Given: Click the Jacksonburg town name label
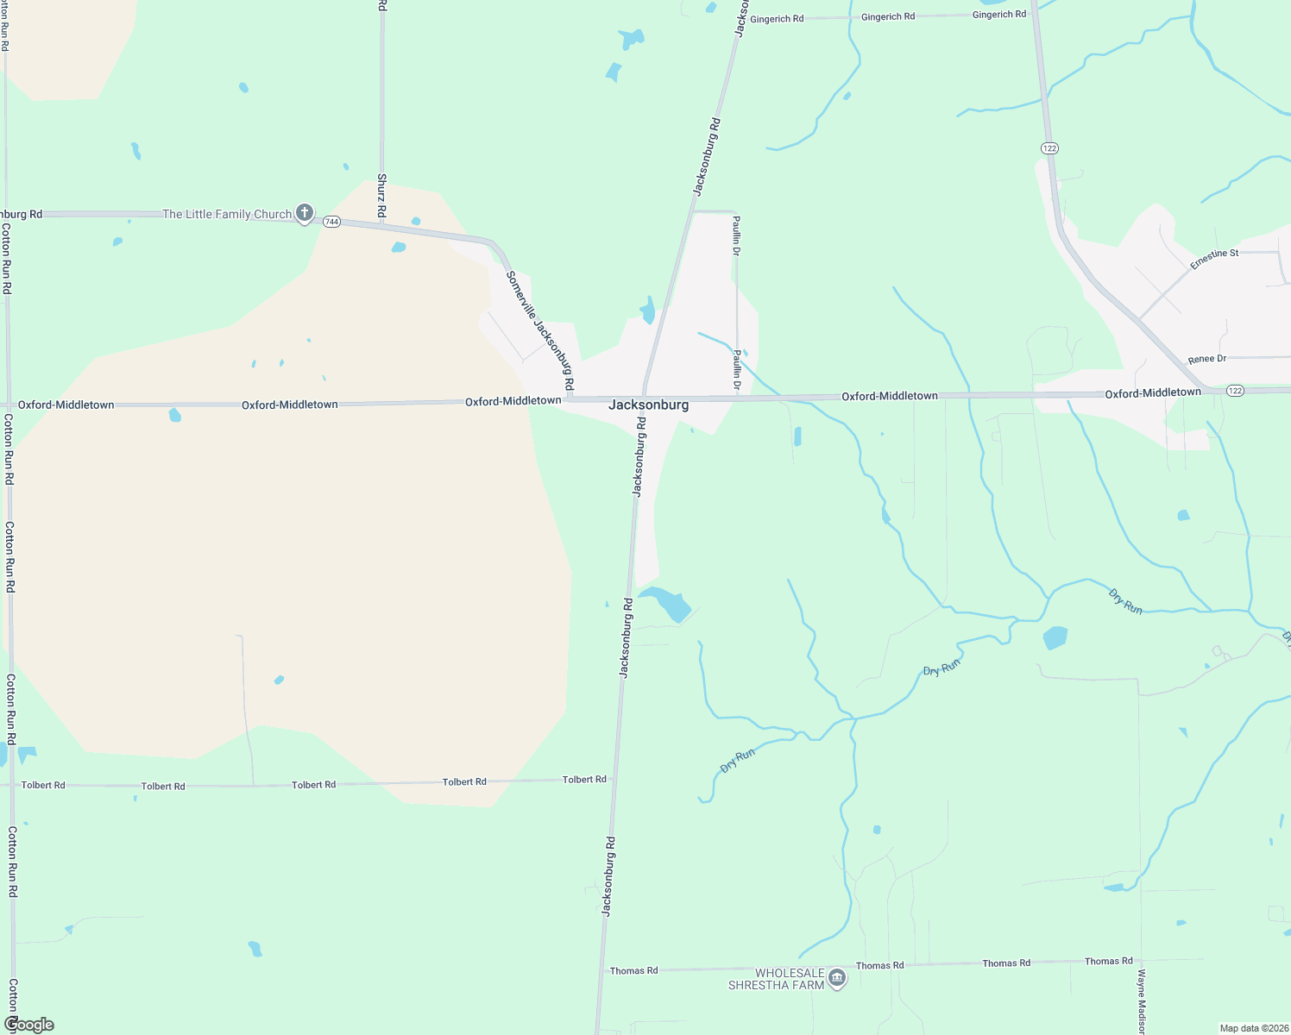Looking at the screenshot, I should [648, 405].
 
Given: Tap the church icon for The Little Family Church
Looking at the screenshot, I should [304, 212].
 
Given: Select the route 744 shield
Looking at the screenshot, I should [332, 222].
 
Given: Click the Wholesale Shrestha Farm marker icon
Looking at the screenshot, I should [836, 977].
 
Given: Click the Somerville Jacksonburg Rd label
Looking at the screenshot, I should [540, 330].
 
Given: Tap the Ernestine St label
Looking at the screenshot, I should [1214, 259].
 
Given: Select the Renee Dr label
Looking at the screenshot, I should [1206, 359].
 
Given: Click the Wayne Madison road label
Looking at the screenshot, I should [1141, 1001].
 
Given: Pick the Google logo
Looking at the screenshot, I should [28, 1025].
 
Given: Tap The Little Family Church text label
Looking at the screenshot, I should [227, 214].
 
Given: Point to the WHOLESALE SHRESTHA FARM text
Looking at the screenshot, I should [777, 979].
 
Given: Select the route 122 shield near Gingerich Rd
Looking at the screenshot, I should [1049, 148].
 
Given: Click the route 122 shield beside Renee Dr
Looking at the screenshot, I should [1235, 391].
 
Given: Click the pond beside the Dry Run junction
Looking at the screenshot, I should [1055, 638].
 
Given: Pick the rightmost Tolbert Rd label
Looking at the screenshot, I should [584, 780].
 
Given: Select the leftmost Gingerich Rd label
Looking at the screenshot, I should [777, 19].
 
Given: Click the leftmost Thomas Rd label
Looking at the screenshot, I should [633, 971].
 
